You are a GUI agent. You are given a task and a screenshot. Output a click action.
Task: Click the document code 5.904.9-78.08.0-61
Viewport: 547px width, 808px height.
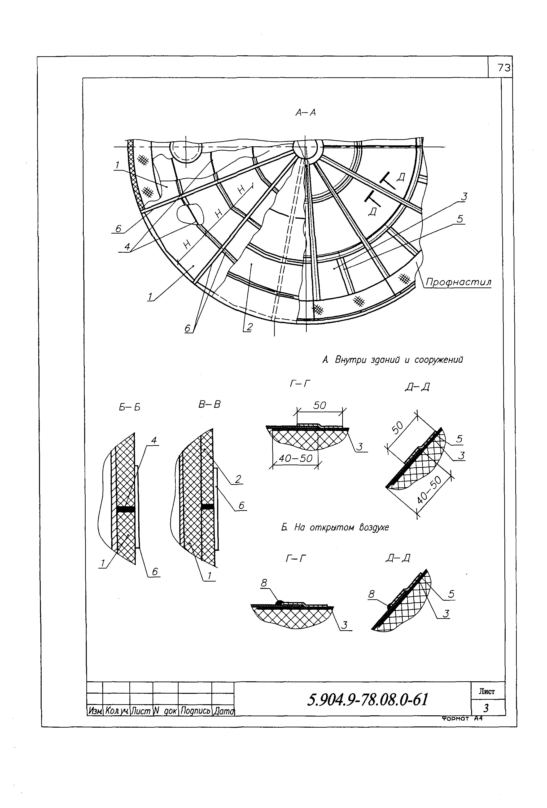pos(368,699)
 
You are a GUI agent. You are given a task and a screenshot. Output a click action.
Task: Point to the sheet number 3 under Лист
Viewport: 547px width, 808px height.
pos(486,708)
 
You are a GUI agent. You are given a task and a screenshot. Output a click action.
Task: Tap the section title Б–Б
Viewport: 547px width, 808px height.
pos(129,407)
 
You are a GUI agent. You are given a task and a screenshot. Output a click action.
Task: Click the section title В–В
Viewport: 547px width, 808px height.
pos(209,404)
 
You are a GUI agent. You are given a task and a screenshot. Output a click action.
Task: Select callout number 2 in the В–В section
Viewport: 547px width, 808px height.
pos(238,479)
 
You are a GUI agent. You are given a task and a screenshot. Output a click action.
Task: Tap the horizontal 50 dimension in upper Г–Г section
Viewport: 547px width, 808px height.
pos(319,405)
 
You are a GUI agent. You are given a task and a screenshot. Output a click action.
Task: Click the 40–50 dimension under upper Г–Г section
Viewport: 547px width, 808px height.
pos(296,459)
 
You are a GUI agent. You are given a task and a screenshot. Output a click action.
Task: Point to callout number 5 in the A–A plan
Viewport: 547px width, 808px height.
pos(460,219)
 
